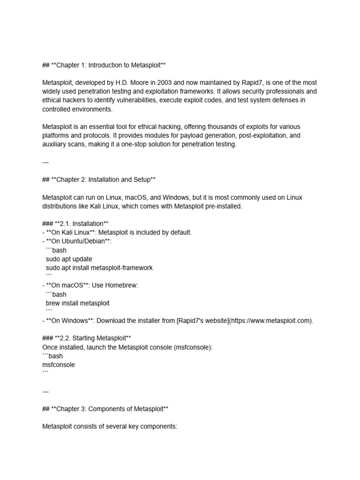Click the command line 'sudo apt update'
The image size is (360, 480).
click(69, 259)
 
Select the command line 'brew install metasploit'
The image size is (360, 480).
click(78, 303)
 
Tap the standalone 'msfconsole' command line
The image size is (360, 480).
click(59, 364)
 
